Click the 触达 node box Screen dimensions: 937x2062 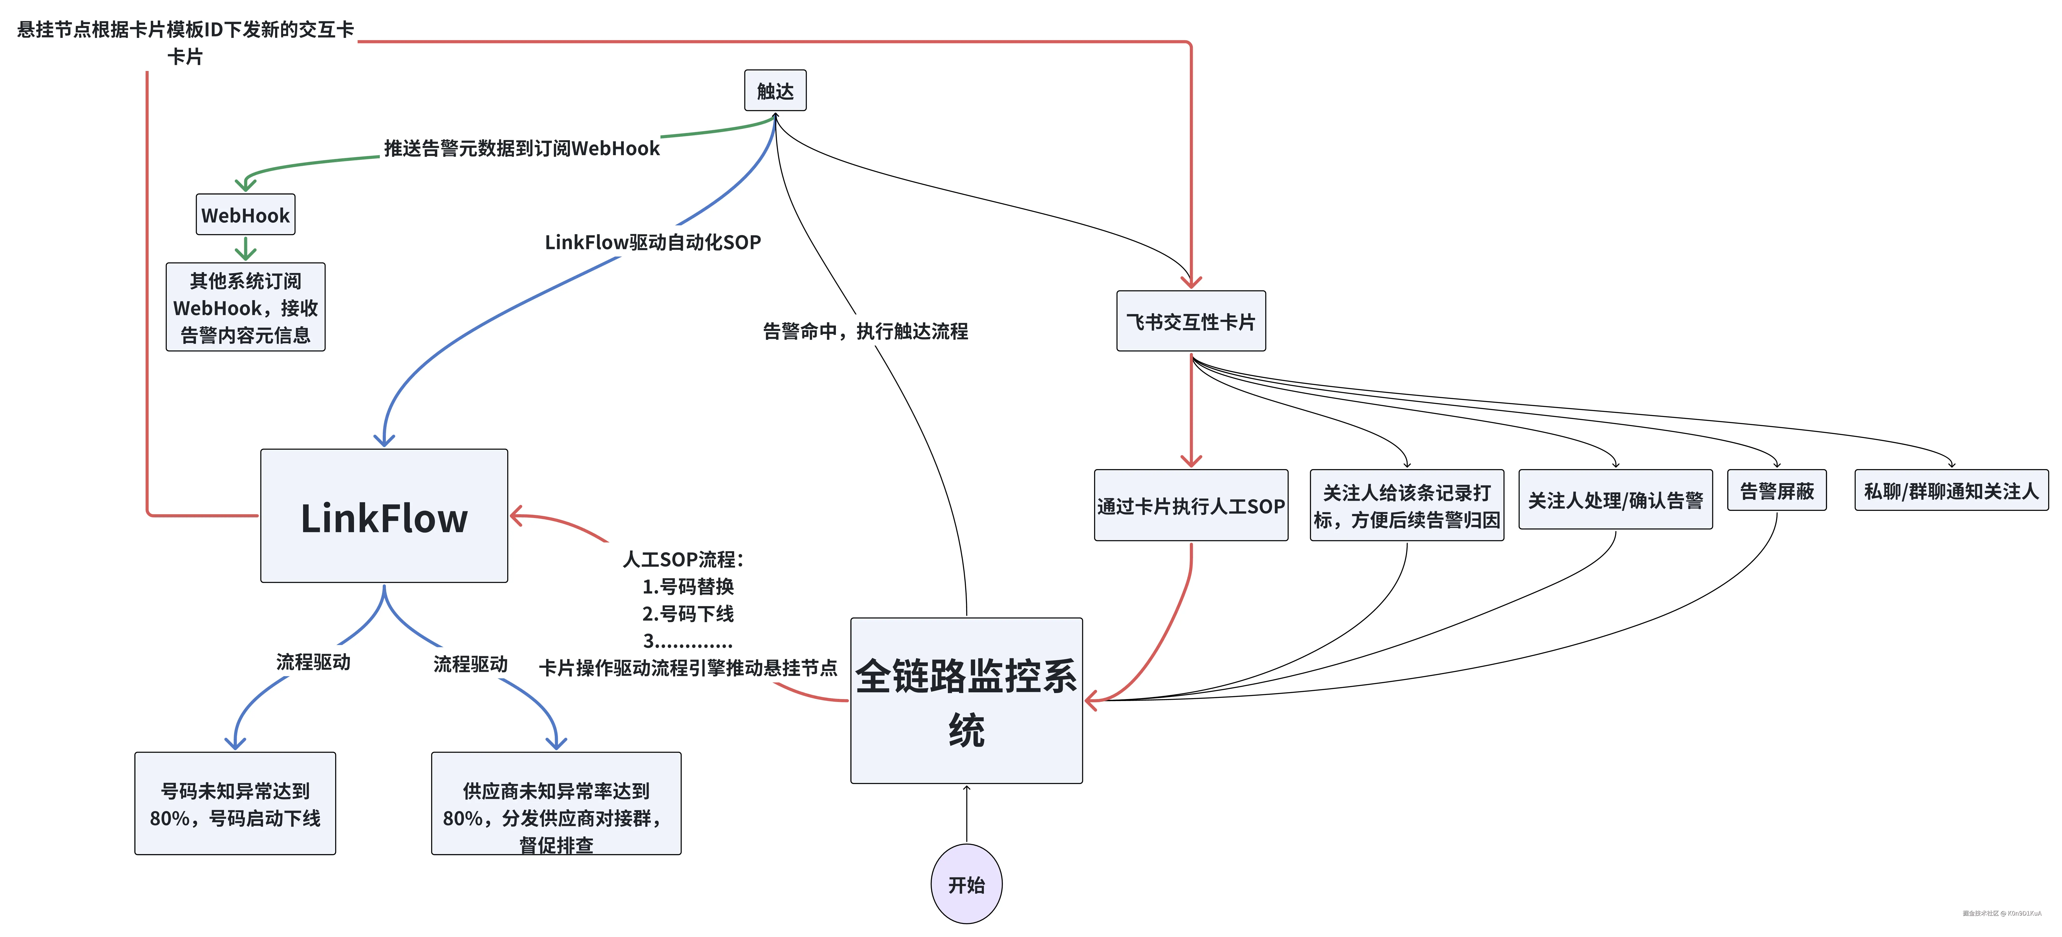(775, 90)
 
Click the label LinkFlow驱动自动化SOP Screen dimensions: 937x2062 (652, 242)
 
